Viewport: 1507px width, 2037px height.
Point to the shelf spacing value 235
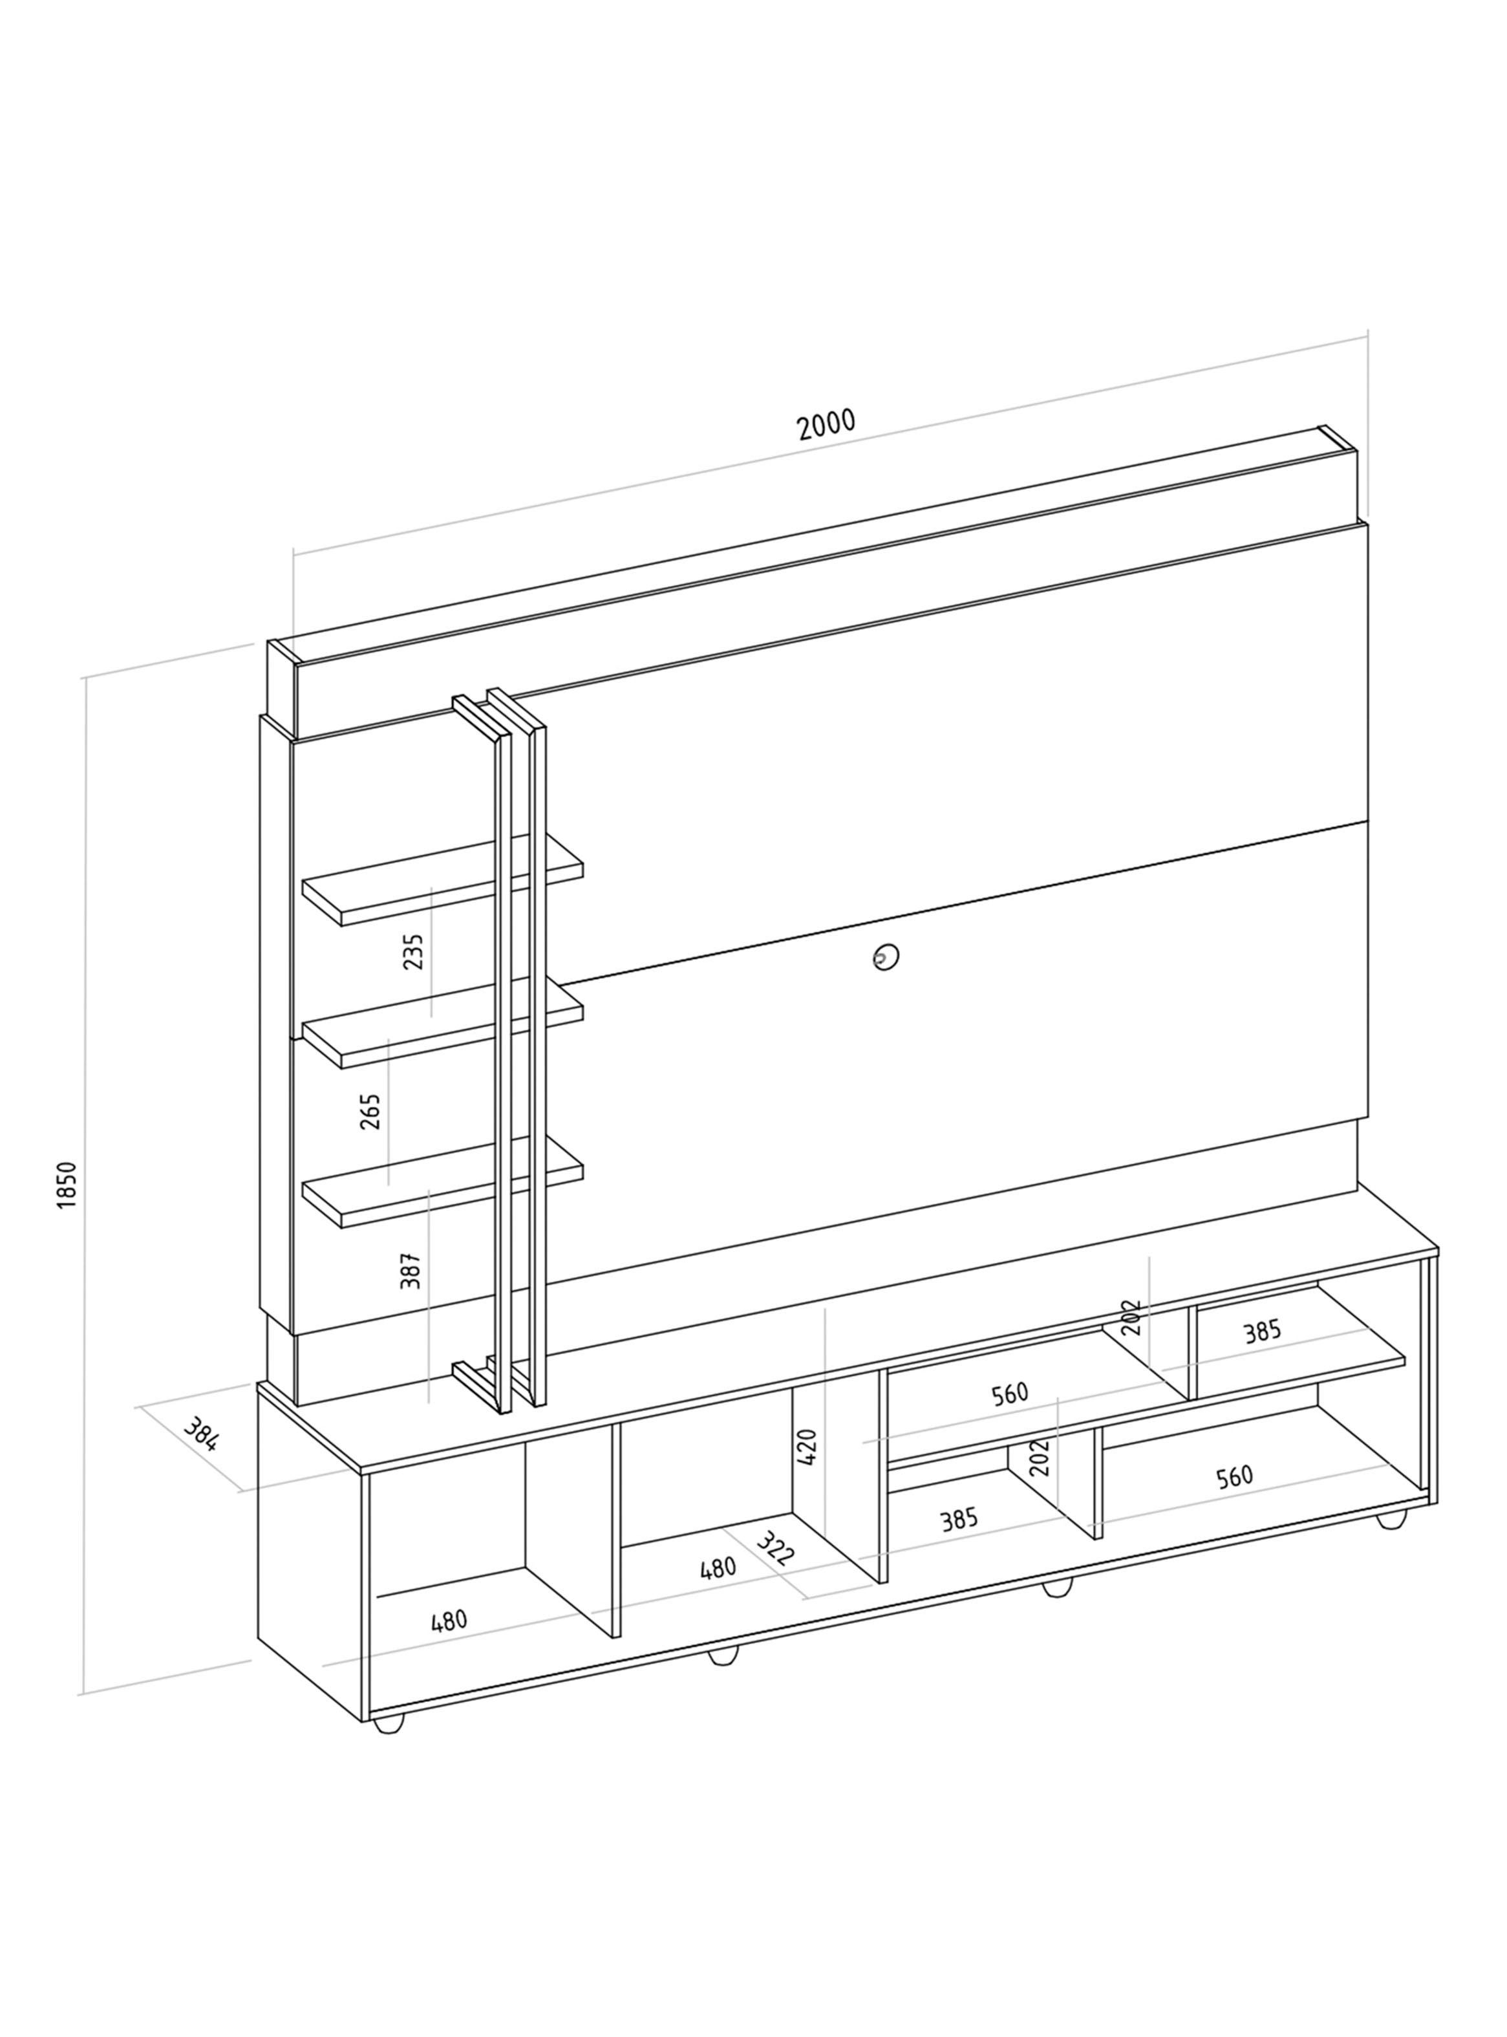tap(413, 951)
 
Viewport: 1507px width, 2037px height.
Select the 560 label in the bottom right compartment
tap(1234, 1476)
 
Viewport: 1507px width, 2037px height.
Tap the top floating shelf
tap(442, 878)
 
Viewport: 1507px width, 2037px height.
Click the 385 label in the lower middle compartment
tap(959, 1519)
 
